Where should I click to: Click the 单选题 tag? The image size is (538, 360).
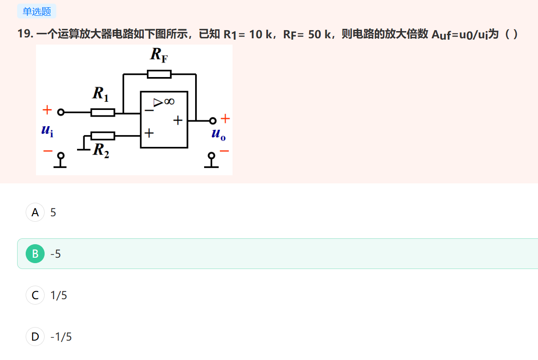[x=36, y=11]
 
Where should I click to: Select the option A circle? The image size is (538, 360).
[x=35, y=212]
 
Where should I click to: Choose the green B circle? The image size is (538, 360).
[x=35, y=254]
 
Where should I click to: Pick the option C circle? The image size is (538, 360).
[x=35, y=295]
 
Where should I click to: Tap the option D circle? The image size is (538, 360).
[x=35, y=337]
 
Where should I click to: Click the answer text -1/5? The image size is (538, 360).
[x=61, y=337]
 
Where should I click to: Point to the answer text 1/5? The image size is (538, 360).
[x=59, y=295]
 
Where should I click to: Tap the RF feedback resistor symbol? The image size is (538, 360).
[x=159, y=74]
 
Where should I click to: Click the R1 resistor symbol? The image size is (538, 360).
[x=103, y=112]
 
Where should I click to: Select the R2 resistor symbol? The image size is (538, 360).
[x=103, y=136]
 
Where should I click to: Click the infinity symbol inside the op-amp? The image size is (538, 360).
[x=169, y=102]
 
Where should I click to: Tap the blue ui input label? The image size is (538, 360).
[x=47, y=131]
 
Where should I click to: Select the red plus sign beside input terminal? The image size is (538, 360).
[x=47, y=109]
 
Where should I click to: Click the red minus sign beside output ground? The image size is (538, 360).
[x=224, y=151]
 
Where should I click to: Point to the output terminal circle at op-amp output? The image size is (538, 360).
[x=213, y=120]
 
